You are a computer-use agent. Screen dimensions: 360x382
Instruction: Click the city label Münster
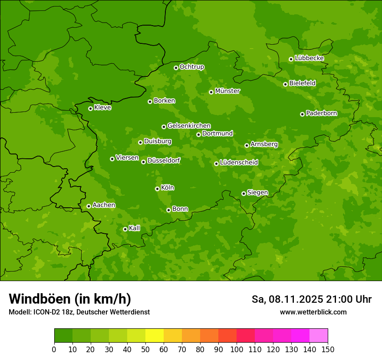(x=227, y=91)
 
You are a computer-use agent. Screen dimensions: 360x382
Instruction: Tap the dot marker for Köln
(x=157, y=189)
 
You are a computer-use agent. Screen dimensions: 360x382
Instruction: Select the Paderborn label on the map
(x=322, y=113)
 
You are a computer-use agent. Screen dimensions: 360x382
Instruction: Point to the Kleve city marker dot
(x=90, y=108)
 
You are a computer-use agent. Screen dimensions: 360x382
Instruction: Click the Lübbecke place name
(x=310, y=58)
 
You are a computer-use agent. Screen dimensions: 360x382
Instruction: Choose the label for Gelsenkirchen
(x=189, y=126)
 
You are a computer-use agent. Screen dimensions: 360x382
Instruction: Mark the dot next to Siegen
(x=244, y=193)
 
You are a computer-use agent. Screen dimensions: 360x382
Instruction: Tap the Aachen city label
(x=104, y=205)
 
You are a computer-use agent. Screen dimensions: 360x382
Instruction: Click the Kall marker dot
(x=125, y=229)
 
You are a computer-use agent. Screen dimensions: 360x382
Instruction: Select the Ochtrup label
(x=192, y=67)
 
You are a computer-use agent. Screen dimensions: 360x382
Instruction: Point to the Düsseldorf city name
(x=164, y=160)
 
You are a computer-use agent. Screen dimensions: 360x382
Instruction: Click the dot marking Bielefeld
(x=285, y=84)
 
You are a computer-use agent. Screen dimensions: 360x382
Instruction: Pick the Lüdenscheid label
(x=239, y=163)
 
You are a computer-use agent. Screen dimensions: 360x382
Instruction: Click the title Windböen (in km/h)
(x=70, y=299)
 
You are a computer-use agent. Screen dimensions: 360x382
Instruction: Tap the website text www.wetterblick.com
(x=313, y=312)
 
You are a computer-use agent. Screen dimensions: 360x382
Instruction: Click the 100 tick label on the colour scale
(x=237, y=349)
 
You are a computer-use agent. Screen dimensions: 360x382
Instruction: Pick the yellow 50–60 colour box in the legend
(x=155, y=336)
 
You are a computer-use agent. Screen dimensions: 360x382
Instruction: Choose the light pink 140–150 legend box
(x=319, y=336)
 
